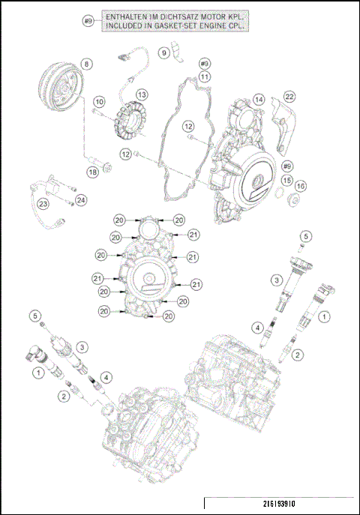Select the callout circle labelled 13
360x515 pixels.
[142, 94]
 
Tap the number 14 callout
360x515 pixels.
[258, 99]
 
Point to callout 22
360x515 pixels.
[289, 96]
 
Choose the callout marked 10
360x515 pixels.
[99, 101]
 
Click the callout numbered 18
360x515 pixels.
[92, 172]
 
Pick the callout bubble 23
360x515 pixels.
[44, 204]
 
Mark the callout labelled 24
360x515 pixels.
[80, 199]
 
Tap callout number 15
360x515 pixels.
[287, 181]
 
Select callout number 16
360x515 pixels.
[301, 186]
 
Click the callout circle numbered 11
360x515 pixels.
[205, 76]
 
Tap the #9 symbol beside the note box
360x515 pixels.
[88, 21]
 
